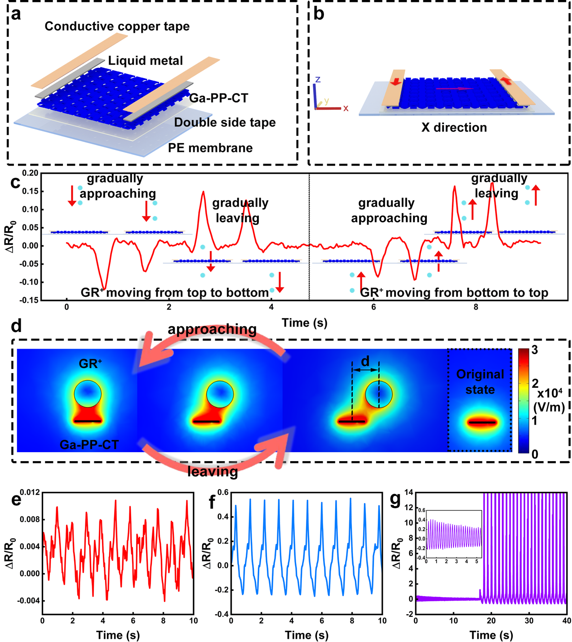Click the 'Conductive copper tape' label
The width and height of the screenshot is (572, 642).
coord(117,27)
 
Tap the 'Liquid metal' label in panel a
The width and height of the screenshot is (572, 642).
coord(146,61)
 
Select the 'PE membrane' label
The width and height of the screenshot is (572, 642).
coord(210,148)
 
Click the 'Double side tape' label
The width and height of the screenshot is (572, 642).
coord(225,123)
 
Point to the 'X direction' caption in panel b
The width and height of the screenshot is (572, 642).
coord(454,128)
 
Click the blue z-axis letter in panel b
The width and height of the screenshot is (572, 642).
coord(318,80)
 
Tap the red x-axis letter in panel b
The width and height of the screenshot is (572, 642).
coord(346,108)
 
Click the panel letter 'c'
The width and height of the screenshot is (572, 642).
coord(15,182)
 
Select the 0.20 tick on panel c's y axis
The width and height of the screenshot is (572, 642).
coord(30,173)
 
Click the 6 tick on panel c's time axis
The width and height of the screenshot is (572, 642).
coord(374,308)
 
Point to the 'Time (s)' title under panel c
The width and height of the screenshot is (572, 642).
coord(304,323)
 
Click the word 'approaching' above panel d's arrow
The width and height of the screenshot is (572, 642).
coord(212,329)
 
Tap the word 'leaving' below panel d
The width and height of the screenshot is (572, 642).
coord(213,471)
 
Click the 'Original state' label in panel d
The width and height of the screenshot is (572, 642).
coord(480,382)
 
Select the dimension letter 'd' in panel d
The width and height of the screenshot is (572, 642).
coord(365,361)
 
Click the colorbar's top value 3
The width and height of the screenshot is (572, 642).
coord(534,350)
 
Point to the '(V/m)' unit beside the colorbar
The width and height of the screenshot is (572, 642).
coord(549,407)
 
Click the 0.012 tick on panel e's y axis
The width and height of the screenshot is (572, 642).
coord(30,493)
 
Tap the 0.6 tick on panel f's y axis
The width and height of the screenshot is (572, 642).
coord(223,493)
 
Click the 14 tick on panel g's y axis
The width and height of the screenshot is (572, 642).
coord(408,493)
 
